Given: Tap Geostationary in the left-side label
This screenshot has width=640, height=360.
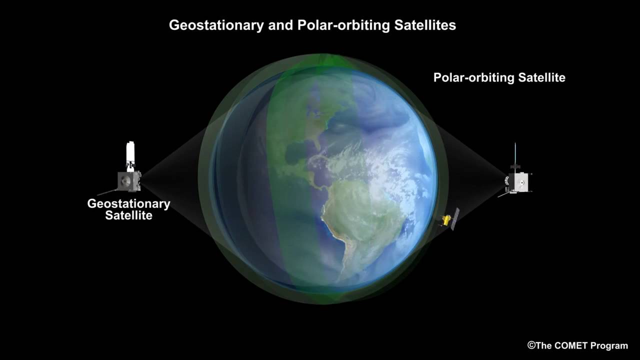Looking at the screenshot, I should tap(128, 204).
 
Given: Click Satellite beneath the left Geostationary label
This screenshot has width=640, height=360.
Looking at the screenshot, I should tap(128, 216).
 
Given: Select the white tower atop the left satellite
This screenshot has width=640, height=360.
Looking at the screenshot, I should tap(131, 151).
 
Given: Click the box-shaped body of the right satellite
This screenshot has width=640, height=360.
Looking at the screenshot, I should tap(520, 182).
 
